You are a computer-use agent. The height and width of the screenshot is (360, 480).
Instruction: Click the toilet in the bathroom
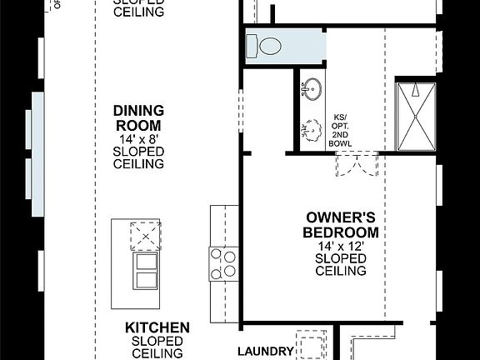point(269,46)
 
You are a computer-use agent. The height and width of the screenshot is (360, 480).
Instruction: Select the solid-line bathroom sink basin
point(314,88)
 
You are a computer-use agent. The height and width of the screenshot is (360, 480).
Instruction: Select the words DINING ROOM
point(138,117)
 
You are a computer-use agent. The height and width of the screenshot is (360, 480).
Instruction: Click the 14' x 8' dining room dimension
point(138,138)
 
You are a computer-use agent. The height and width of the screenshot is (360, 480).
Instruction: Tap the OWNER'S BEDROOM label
point(341,224)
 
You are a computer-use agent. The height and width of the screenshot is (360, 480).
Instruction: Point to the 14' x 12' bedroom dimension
point(341,246)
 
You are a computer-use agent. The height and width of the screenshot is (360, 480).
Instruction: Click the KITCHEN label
point(157,327)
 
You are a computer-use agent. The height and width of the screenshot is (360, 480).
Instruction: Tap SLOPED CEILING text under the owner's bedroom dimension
point(341,265)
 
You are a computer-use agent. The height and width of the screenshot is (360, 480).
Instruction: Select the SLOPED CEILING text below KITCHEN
point(157,347)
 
